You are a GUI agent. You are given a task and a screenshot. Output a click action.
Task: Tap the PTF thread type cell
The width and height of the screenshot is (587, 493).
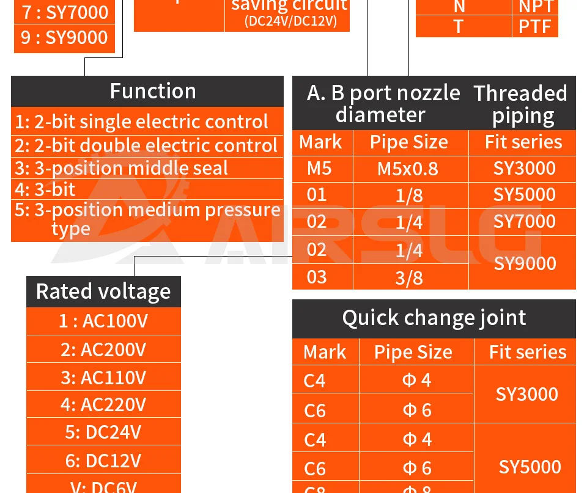(x=535, y=26)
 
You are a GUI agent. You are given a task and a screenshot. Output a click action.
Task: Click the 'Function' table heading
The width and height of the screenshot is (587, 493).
(x=153, y=91)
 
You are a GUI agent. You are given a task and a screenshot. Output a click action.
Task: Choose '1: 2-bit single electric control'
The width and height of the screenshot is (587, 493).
(x=142, y=122)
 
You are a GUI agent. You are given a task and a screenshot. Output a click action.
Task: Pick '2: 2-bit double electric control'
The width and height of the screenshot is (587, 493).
(x=146, y=145)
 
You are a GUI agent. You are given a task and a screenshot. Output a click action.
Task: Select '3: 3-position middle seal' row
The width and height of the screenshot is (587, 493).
(x=121, y=168)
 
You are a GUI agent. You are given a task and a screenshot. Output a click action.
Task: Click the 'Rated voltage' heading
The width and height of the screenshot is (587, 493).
(x=103, y=291)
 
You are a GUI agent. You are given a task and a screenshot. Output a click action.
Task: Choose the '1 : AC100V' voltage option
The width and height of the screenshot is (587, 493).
(x=103, y=321)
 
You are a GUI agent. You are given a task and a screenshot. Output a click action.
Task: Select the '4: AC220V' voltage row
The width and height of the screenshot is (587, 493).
(x=103, y=404)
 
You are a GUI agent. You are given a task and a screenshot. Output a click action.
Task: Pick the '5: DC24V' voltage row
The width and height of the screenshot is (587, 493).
(x=103, y=432)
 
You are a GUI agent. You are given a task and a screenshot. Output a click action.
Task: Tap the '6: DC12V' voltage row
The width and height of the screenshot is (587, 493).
(x=103, y=460)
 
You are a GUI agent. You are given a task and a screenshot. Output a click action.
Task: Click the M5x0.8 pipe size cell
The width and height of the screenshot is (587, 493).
(x=408, y=169)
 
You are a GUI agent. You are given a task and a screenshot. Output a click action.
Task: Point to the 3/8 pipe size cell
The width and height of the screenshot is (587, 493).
(x=409, y=278)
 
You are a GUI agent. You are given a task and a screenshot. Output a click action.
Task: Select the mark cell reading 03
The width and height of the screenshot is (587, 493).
(x=317, y=277)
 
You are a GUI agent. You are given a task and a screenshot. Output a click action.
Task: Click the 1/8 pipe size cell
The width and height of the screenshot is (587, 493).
(x=409, y=195)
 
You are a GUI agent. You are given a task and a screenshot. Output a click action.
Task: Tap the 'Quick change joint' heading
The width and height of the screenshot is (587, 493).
(x=434, y=318)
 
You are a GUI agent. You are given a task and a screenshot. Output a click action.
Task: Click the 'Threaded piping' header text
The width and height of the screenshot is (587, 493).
(x=520, y=104)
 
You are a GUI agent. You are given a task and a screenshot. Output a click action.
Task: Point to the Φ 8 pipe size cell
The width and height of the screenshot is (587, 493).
(x=417, y=489)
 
